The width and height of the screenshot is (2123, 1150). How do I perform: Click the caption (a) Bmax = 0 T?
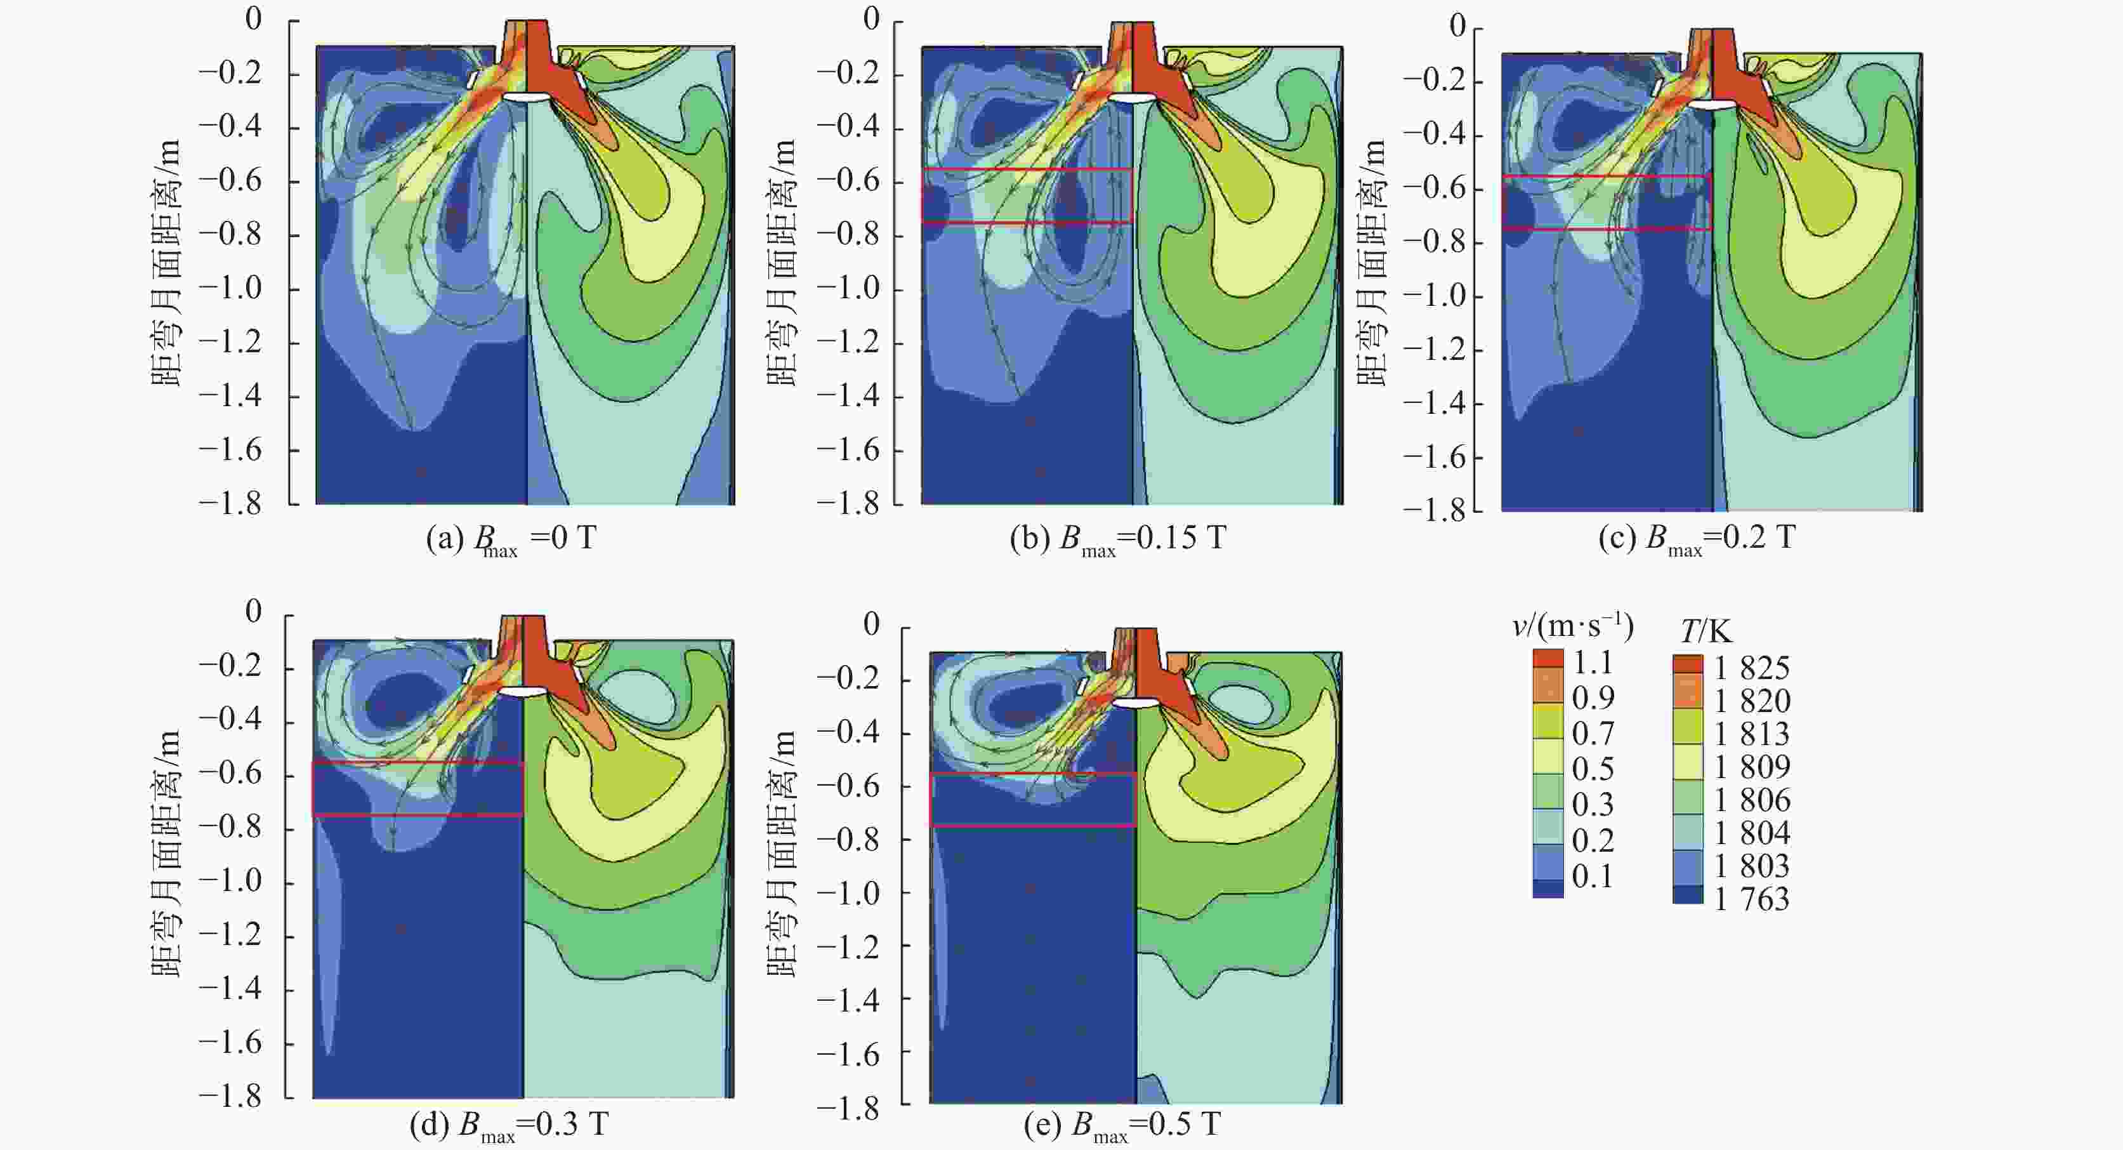point(510,538)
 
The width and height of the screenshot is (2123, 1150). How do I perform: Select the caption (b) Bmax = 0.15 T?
point(1117,538)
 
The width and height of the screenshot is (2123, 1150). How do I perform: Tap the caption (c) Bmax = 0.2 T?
point(1695,538)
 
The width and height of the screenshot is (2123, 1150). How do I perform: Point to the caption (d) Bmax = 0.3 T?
point(508,1125)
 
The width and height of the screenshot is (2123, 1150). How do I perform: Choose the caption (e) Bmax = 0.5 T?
point(1121,1125)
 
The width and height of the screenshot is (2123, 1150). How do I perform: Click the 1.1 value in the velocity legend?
point(1593,662)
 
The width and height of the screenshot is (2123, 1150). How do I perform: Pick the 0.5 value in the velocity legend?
point(1593,769)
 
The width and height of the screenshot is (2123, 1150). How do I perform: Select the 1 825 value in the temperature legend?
point(1751,668)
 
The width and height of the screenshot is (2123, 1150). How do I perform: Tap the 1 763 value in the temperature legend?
point(1751,899)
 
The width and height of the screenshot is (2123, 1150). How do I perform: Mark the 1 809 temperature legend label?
point(1751,767)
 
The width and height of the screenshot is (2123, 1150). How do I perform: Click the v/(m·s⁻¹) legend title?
point(1572,626)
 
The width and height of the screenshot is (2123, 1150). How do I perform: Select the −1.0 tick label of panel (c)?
point(1435,296)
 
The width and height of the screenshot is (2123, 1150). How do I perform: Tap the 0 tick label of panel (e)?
point(871,624)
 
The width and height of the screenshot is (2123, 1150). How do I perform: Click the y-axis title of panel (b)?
point(782,262)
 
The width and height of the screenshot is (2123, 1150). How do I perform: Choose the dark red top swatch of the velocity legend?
point(1548,659)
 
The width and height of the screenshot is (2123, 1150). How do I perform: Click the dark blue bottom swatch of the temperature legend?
point(1687,894)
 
